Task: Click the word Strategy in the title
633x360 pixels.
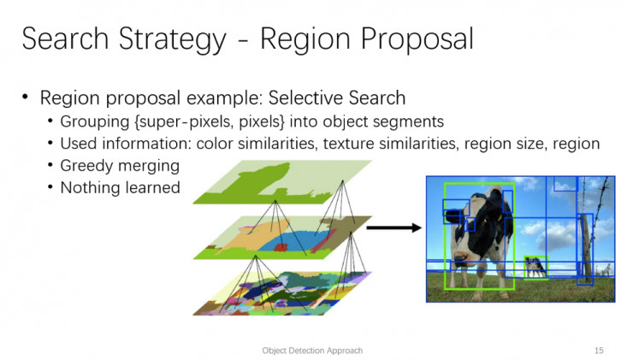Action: coord(172,39)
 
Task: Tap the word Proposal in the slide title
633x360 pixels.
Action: coord(417,39)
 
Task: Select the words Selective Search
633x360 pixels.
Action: coord(337,97)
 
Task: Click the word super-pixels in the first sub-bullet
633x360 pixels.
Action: coord(187,121)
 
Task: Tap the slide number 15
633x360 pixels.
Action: coord(599,351)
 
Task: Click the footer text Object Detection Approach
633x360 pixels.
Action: coord(312,351)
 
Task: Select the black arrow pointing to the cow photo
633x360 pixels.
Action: coord(393,228)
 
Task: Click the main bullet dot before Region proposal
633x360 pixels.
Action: coord(26,97)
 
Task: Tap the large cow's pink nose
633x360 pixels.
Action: coord(460,257)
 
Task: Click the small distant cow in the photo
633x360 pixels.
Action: coord(535,267)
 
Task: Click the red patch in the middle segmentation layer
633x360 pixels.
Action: coord(281,246)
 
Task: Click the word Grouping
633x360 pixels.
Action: coord(95,121)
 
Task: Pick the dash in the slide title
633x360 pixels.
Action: coord(243,41)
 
